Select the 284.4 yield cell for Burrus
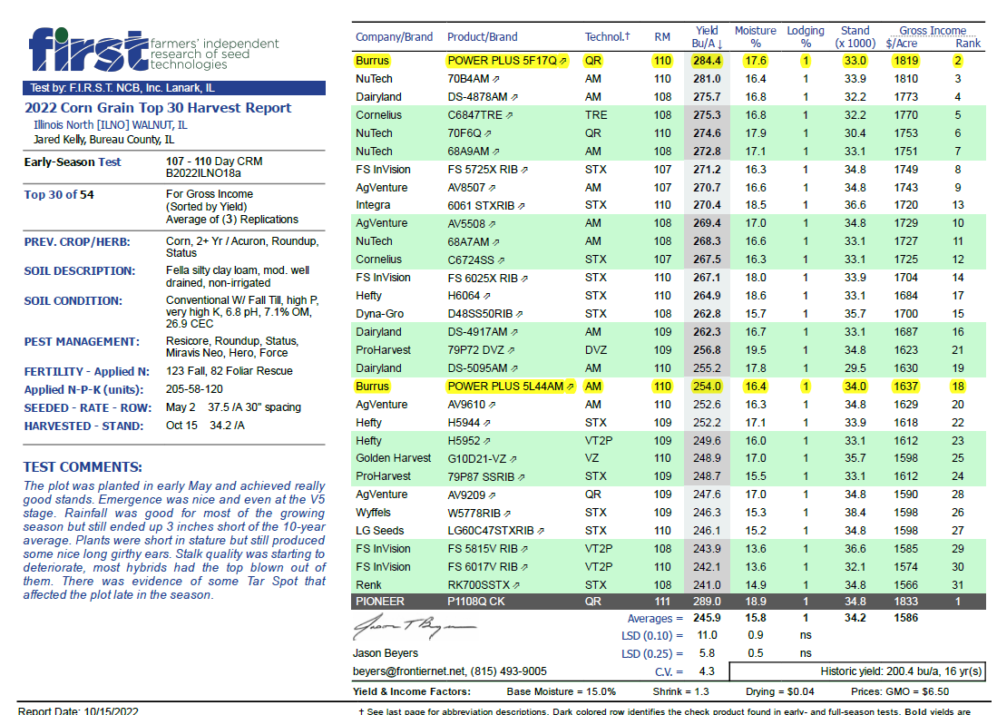pos(707,61)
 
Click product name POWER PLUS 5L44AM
pos(506,386)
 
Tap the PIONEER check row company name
pos(380,602)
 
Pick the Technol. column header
pos(607,37)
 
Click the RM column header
pos(662,37)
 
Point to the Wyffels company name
pos(375,512)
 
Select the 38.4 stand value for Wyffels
pos(854,512)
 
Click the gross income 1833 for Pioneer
pos(905,602)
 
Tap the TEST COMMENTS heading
pos(83,467)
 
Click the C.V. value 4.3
pos(707,671)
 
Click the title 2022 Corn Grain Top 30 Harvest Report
pos(158,108)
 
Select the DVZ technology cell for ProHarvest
pos(596,349)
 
